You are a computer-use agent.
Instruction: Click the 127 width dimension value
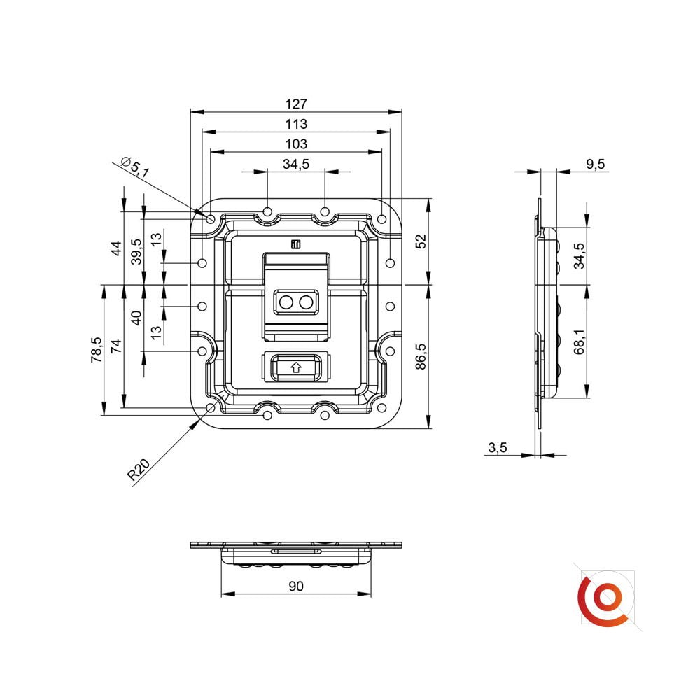point(296,104)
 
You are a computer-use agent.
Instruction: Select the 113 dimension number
point(296,124)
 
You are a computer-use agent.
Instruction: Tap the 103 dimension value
point(296,144)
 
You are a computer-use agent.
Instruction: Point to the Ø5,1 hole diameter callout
point(135,167)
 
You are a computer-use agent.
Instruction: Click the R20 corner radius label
point(139,469)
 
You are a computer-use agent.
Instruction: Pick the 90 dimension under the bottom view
point(296,586)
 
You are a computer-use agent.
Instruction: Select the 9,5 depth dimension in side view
point(595,164)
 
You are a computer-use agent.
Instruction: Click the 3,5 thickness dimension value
point(497,448)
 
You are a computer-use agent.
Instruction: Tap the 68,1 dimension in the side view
point(579,342)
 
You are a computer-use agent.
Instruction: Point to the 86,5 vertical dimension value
point(421,356)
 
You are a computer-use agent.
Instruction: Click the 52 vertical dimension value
point(421,241)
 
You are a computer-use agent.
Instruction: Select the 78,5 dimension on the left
point(97,349)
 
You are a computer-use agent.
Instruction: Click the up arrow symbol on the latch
point(295,367)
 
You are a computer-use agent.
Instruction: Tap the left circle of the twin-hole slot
point(286,302)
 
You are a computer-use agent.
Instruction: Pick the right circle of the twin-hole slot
point(306,302)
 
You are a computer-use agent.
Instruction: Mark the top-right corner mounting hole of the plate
point(381,219)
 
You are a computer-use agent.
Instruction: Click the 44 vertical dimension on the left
point(116,248)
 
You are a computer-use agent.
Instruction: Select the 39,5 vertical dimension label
point(136,251)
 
